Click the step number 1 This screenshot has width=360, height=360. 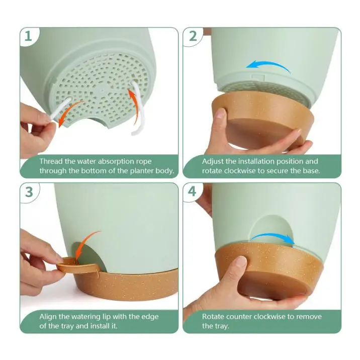[x=28, y=36]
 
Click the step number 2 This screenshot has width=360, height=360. [x=193, y=36]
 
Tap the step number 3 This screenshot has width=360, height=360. [x=29, y=192]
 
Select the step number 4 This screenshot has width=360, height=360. [x=192, y=192]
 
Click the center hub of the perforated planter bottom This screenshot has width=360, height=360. [x=103, y=90]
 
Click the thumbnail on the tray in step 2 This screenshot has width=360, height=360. [x=220, y=113]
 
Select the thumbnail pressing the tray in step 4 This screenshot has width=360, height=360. [x=241, y=261]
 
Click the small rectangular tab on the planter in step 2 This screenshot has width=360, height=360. [x=258, y=77]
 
